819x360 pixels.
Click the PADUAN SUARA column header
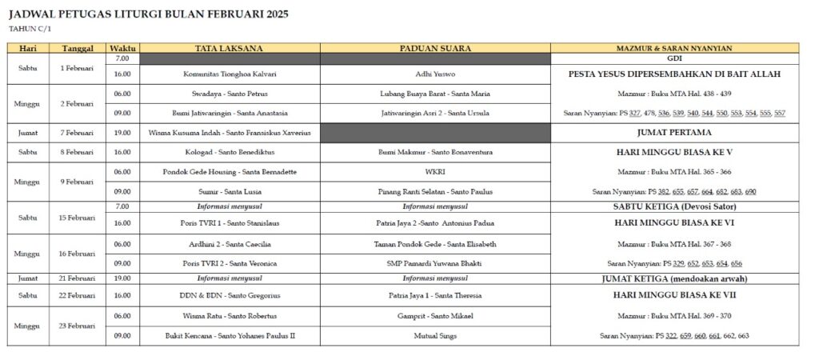435,48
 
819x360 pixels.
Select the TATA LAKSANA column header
230,48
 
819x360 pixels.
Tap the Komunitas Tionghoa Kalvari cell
230,74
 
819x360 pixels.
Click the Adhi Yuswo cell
435,74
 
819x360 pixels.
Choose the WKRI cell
435,172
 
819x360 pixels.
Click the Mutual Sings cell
435,336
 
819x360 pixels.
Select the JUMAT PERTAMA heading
673,133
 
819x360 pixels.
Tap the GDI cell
673,58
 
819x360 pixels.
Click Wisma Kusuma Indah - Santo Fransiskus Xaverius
230,133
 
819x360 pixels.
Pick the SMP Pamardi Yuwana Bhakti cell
435,263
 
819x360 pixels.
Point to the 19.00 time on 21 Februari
122,278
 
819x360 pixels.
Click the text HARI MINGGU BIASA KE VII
673,294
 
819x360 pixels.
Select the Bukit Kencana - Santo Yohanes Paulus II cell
230,336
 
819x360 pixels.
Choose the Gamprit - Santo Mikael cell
435,316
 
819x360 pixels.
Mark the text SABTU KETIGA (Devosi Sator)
673,206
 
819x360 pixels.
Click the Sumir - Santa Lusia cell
230,192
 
